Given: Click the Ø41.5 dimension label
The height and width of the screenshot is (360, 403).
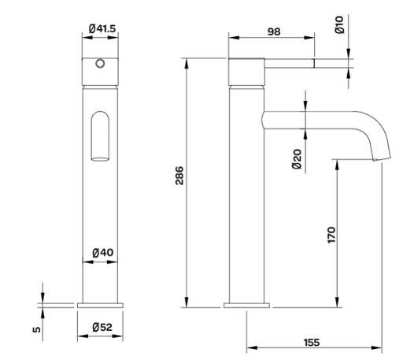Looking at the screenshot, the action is point(102,28).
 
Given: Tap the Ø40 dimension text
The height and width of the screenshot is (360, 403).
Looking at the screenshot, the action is point(103,253).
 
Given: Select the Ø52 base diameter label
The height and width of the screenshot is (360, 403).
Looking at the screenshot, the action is point(102,327).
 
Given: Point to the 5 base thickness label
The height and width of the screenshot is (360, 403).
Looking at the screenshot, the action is point(37,329).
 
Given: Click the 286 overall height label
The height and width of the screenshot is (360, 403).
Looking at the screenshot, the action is point(179,176).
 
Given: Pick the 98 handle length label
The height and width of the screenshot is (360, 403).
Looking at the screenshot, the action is point(274,32).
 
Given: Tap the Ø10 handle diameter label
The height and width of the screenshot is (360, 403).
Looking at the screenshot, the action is point(339,24).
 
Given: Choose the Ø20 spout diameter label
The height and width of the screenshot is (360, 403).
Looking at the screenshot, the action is point(297,159).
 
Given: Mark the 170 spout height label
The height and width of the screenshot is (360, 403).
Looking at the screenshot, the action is point(331,235).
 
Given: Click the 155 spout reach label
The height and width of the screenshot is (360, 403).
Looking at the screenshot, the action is point(312,343).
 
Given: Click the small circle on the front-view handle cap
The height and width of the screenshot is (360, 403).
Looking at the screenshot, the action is point(100,64).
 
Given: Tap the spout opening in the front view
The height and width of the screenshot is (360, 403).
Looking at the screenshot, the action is point(100,159).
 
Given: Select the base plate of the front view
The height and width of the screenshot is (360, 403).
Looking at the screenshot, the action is point(100,306).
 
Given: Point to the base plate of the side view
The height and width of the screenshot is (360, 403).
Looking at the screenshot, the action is point(246,306).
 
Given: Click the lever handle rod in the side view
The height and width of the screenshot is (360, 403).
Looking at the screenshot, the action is point(290,63).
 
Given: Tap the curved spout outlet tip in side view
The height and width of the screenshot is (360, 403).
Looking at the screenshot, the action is point(382,158).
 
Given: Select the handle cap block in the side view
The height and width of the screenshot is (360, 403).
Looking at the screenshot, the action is point(246,72).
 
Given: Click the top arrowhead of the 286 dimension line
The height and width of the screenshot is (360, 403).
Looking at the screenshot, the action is point(187,64).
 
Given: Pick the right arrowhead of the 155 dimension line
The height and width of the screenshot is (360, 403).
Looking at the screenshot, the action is point(376,348).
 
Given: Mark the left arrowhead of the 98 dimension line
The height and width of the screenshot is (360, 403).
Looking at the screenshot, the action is point(234,38).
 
